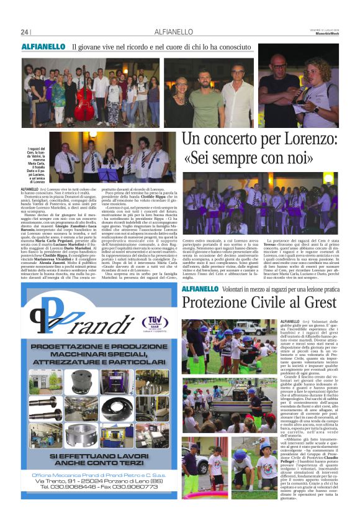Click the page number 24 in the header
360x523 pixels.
(25, 32)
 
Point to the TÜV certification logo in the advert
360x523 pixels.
(155, 322)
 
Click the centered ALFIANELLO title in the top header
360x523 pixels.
(170, 32)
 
